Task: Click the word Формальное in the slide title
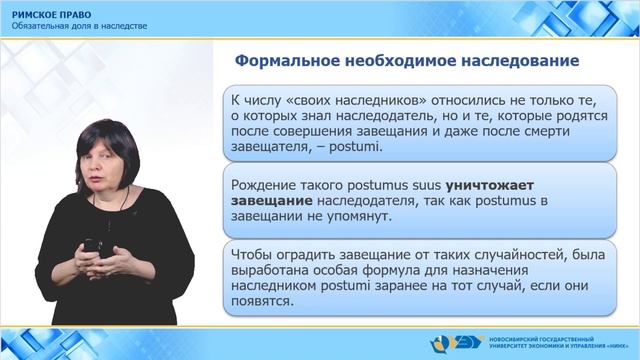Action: (281, 61)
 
